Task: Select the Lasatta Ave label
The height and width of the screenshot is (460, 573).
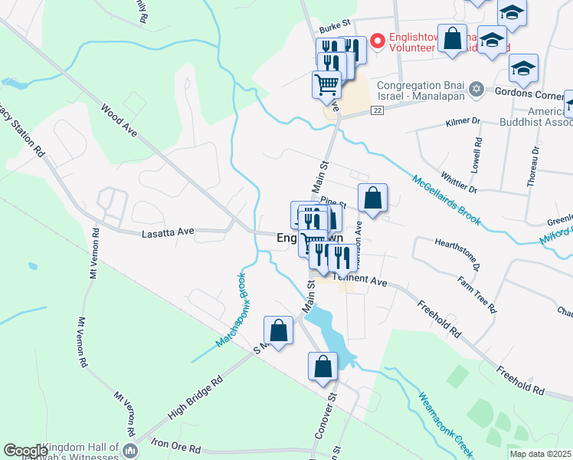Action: pos(169,232)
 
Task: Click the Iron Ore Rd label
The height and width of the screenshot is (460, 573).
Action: pos(176,448)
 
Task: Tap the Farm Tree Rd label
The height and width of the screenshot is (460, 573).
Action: pos(476,293)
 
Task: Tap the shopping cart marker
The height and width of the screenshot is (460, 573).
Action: pos(326,84)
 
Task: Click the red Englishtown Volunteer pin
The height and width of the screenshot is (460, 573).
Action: pos(377,40)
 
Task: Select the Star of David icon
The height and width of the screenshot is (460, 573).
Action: pos(476,89)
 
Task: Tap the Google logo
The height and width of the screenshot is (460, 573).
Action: pos(25,451)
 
